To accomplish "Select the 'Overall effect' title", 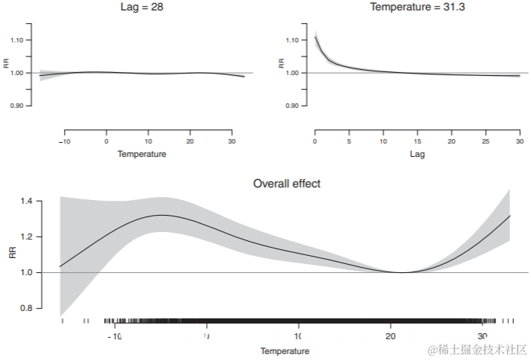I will point(286,183).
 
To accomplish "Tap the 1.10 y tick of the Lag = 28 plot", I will point(19,40).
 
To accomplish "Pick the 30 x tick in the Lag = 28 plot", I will point(232,141).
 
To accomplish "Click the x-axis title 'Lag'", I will point(416,155).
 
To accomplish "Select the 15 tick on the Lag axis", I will point(417,141).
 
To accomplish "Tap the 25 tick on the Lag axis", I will point(486,141).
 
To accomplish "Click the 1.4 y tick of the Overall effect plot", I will point(26,201).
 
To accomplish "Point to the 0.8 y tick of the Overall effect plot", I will point(26,308).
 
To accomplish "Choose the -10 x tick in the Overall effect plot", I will point(114,336).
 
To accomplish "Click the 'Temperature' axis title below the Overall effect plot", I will point(285,351).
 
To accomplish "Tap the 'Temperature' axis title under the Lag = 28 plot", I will point(141,155).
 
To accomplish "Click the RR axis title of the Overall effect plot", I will point(11,254).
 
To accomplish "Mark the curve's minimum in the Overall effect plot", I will point(402,272).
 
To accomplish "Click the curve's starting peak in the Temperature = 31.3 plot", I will point(315,37).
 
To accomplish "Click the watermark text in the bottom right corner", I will point(476,348).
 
